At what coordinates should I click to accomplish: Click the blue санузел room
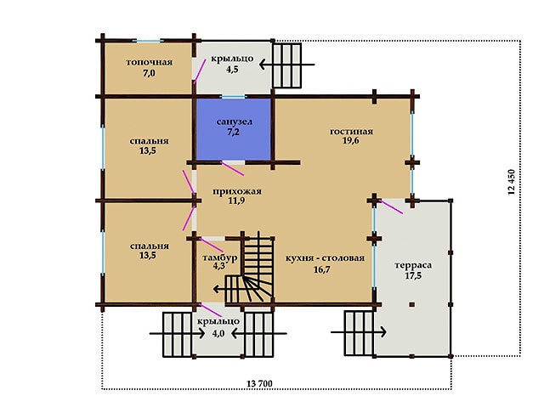(234, 129)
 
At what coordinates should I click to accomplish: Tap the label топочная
(150, 62)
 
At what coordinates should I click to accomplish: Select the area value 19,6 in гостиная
(351, 140)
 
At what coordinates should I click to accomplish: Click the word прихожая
(237, 191)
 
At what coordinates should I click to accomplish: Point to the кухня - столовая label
(325, 258)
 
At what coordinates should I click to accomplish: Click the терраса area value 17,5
(413, 275)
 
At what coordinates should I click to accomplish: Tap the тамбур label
(220, 257)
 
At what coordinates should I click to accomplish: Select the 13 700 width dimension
(259, 383)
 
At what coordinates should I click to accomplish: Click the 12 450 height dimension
(511, 182)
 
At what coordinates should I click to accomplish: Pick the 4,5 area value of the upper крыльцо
(232, 69)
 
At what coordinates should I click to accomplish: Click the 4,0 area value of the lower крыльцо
(218, 333)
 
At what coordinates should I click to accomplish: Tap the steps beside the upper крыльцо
(286, 65)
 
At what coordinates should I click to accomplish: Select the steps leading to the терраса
(359, 333)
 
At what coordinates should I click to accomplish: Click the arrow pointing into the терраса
(359, 332)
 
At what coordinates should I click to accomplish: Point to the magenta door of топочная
(200, 71)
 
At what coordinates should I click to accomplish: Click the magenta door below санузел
(232, 168)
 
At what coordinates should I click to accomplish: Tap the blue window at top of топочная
(148, 41)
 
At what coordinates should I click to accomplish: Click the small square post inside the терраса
(411, 304)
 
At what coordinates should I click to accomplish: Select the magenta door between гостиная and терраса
(391, 206)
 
